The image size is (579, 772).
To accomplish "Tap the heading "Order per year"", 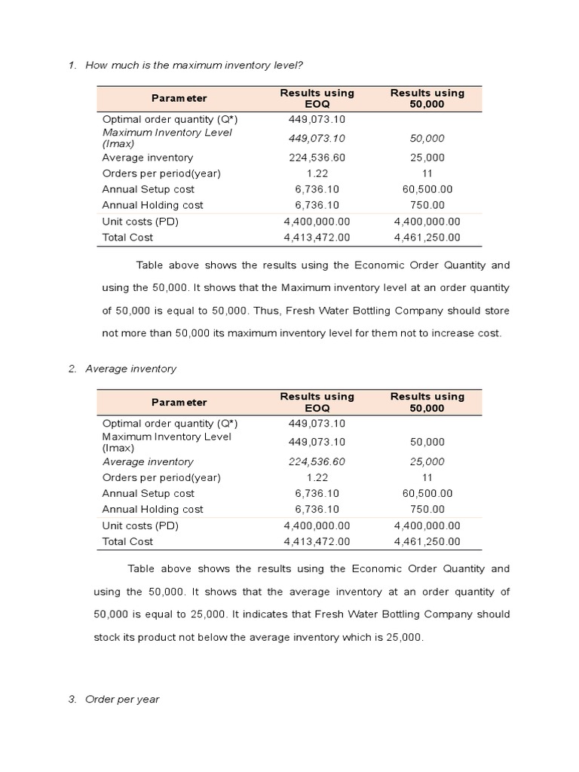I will click(x=122, y=699).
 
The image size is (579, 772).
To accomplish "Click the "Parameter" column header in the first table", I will click(x=179, y=98).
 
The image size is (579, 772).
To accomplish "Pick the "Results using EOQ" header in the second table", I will click(x=317, y=402).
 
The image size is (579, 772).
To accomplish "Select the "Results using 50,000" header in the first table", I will click(x=427, y=98).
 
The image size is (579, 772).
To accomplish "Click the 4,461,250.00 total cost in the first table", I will click(x=427, y=237).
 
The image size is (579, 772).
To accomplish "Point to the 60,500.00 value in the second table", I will click(x=427, y=493).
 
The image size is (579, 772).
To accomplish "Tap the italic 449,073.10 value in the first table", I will click(x=317, y=138).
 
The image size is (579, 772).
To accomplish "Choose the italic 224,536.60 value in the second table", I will click(x=317, y=461).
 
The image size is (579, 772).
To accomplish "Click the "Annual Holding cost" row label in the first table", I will click(x=152, y=205).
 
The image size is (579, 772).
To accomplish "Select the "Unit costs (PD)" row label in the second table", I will click(x=140, y=525).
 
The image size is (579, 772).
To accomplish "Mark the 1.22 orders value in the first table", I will click(x=317, y=173).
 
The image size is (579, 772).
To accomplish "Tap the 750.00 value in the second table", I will click(x=427, y=509).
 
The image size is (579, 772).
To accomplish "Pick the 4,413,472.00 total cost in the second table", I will click(x=317, y=541).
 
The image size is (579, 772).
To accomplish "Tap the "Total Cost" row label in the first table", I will click(x=127, y=237).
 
